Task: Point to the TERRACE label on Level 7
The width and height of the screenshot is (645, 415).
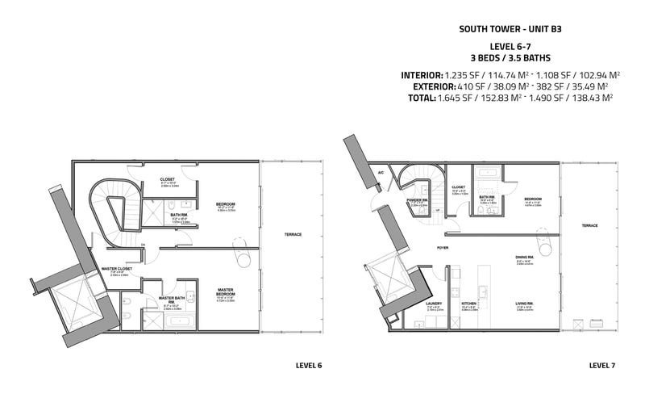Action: [x=590, y=226]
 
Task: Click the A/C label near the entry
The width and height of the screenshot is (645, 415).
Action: [x=381, y=173]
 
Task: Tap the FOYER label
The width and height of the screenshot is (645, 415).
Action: [x=443, y=247]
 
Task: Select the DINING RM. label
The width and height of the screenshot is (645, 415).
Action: [x=522, y=258]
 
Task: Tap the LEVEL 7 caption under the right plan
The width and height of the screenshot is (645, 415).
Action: [x=601, y=366]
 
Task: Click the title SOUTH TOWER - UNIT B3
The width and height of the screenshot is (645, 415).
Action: [x=510, y=28]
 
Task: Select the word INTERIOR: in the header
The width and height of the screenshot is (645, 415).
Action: [x=422, y=75]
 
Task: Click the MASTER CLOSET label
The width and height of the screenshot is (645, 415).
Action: [x=117, y=268]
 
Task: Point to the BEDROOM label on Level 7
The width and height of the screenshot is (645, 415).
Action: [x=533, y=199]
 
